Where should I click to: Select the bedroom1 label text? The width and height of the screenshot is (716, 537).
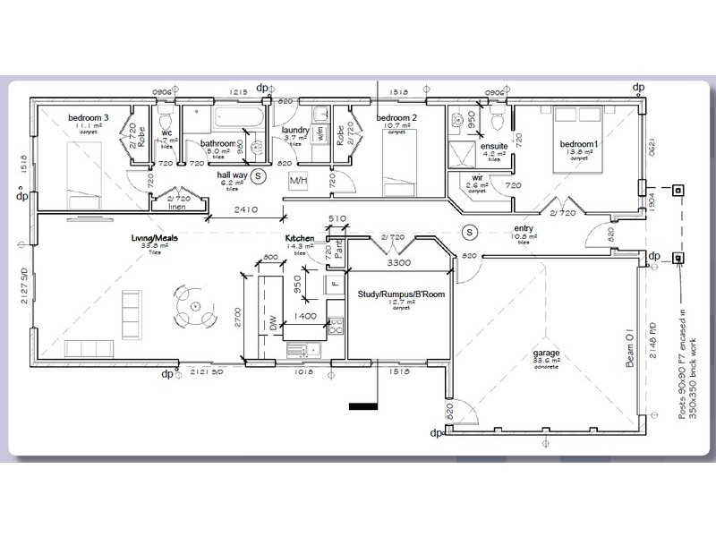click(578, 144)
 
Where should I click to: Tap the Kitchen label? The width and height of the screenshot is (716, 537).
click(300, 239)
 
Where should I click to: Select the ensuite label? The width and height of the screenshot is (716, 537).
click(494, 145)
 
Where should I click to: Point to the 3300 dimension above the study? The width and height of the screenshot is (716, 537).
click(398, 265)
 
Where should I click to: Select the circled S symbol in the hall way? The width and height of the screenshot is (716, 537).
click(259, 175)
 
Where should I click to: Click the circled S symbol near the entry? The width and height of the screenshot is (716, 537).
click(468, 232)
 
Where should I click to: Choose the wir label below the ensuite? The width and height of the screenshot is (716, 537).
click(479, 177)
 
